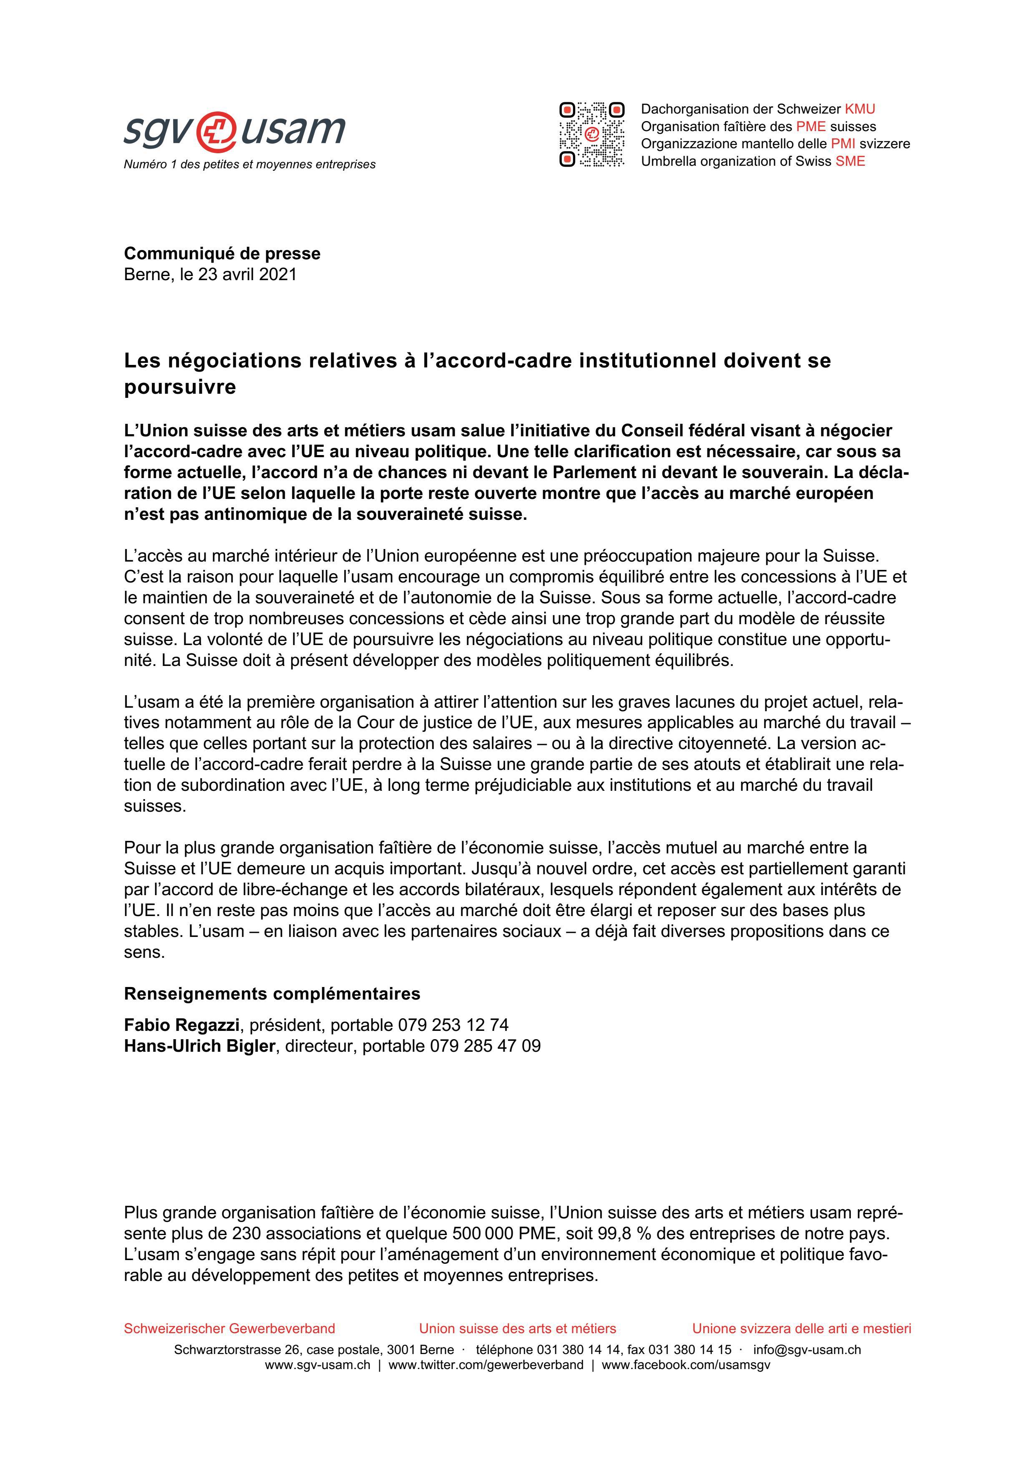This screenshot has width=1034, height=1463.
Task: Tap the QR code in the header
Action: coord(591,134)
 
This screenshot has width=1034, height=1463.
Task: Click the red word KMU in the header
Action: coord(860,109)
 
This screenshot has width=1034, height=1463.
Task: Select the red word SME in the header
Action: coord(850,161)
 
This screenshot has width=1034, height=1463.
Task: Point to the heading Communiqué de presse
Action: coord(222,253)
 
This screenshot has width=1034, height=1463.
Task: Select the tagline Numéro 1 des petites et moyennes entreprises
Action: coord(249,165)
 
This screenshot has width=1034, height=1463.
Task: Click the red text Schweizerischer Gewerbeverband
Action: coord(229,1329)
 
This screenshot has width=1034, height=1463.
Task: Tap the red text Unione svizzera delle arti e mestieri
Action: coord(802,1329)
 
